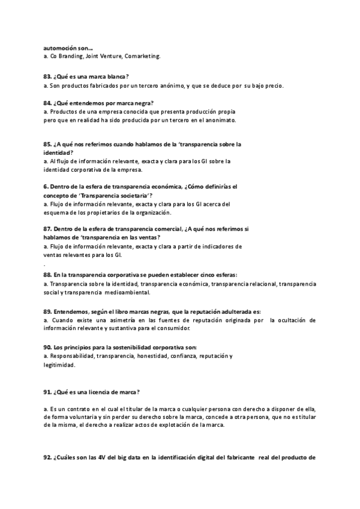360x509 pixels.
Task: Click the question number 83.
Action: [47, 76]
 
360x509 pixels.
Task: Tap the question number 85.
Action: [47, 144]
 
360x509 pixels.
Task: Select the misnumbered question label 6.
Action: [46, 187]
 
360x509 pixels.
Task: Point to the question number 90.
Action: [47, 348]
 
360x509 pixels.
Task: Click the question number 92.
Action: [47, 458]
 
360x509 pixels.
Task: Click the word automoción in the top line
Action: [60, 47]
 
